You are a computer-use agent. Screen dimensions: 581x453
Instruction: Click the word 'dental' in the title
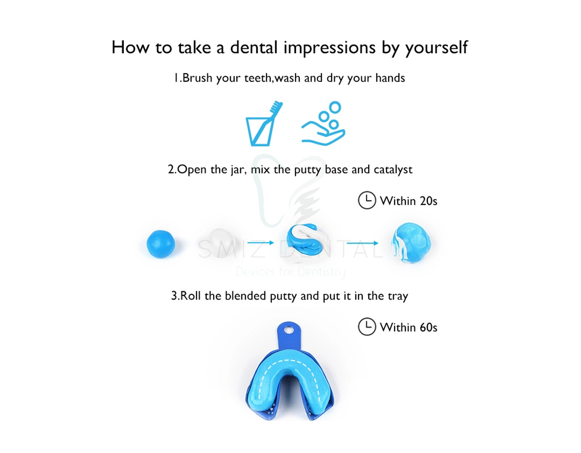coord(254,47)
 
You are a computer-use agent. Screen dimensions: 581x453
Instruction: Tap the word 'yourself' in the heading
coord(436,49)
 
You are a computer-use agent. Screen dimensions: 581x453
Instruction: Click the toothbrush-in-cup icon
coord(264,123)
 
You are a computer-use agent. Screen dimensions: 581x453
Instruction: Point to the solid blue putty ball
coord(161,244)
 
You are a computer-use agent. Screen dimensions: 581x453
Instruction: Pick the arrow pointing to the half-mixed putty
coord(261,243)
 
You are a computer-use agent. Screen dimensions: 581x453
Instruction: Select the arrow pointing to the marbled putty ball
coord(362,243)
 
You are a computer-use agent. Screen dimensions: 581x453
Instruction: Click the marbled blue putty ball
coord(411,243)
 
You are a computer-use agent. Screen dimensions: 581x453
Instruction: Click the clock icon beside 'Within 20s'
coord(367,200)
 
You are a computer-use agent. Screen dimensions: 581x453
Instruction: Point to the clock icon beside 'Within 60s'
coord(367,326)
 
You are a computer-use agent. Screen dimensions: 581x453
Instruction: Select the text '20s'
coord(428,201)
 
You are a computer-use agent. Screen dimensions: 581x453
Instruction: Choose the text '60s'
coord(428,327)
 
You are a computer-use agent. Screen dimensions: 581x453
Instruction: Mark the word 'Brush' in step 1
coord(197,78)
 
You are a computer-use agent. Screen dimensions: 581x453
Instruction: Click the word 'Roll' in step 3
coord(191,296)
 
